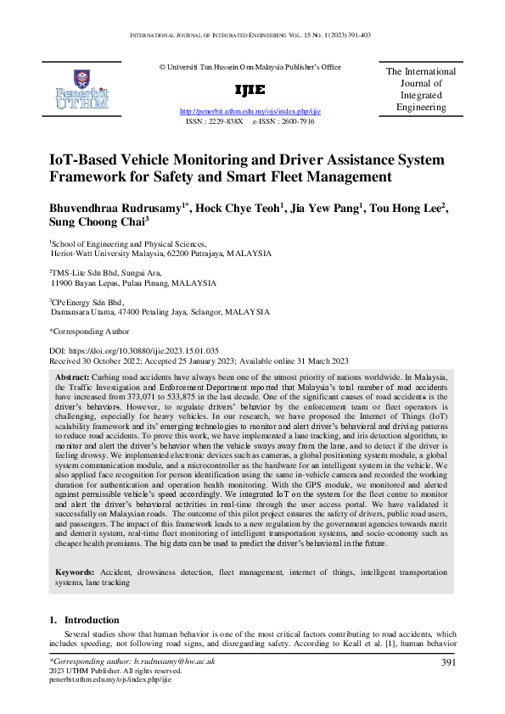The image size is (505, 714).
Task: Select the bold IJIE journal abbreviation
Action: point(250,90)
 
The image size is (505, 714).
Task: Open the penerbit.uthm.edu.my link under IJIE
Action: point(250,111)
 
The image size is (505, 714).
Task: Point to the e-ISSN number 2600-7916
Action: point(295,121)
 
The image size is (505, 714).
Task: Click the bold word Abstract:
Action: point(72,376)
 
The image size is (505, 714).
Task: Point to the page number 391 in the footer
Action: point(450,661)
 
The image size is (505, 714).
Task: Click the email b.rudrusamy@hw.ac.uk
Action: point(176,661)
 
